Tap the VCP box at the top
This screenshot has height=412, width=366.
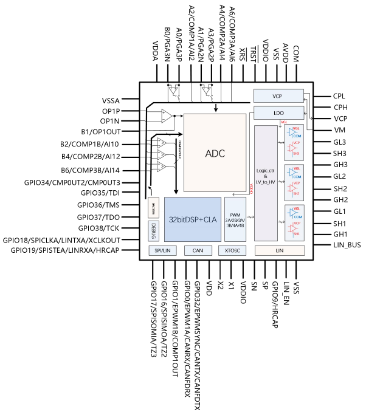pos(277,96)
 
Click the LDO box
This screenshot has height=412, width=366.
pos(277,113)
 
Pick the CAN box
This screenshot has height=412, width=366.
pos(198,250)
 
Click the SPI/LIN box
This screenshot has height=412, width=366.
pos(161,250)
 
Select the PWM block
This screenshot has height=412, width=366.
pos(235,218)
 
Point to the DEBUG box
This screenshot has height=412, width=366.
pos(154,229)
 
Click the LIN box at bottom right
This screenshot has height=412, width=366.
pos(279,250)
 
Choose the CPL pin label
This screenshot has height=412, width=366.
pos(339,96)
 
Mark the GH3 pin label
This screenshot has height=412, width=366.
pos(340,165)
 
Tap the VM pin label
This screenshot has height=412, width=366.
pos(339,130)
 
